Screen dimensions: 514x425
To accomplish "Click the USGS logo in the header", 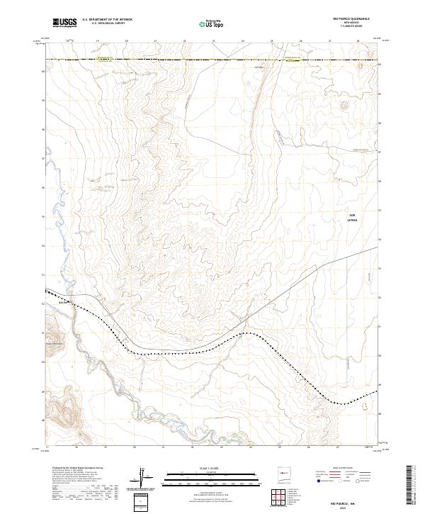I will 65,23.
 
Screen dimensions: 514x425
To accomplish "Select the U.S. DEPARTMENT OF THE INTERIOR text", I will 107,20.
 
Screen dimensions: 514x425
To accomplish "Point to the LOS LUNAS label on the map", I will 352,217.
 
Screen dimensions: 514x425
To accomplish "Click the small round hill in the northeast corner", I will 345,106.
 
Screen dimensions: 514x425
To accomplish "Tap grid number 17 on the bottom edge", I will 47,448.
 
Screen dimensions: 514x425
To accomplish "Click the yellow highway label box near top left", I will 104,60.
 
